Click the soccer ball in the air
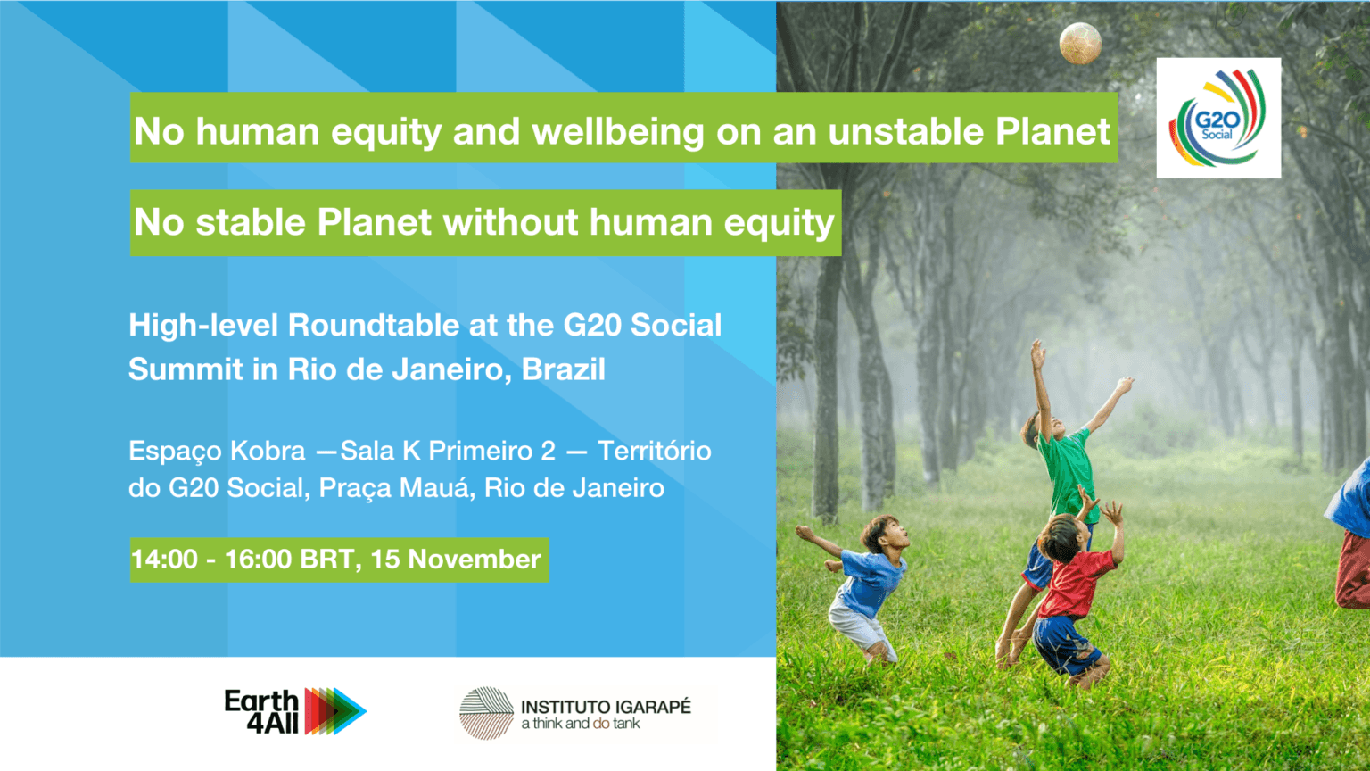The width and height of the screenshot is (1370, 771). [1080, 44]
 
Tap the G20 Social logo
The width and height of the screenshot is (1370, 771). [1218, 118]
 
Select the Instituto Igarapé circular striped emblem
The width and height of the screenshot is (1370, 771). [486, 713]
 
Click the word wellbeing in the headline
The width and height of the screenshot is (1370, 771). [618, 132]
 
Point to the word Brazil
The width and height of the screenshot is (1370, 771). [564, 369]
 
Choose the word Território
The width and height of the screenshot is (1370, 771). [654, 451]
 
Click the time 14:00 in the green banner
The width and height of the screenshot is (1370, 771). [164, 560]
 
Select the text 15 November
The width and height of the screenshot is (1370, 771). [456, 560]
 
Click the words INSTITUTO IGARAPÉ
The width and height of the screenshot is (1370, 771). [606, 707]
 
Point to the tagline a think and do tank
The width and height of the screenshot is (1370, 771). [581, 724]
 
